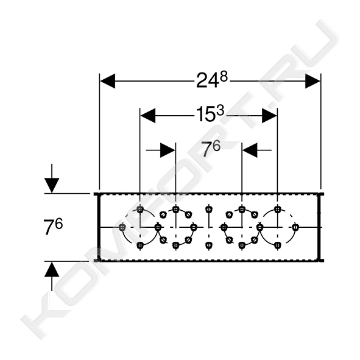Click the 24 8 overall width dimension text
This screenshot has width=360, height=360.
coord(212,80)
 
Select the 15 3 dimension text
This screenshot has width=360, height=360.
coord(210,115)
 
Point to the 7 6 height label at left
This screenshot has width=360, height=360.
coord(53,226)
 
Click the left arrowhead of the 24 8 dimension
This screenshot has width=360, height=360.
coord(108,81)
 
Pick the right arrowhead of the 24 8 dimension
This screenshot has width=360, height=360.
coord(312,81)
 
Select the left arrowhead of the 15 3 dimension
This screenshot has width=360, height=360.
coord(148,116)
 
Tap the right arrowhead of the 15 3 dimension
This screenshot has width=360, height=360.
coord(269,116)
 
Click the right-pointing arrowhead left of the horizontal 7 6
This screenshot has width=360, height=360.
coord(168,150)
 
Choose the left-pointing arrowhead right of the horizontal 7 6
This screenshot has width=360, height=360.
coord(250,150)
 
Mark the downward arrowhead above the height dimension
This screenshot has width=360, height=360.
coord(52,186)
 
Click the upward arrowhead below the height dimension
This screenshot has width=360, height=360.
coord(52,269)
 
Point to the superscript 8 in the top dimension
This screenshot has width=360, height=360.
coord(224,77)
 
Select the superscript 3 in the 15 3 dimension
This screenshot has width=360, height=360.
coord(220,111)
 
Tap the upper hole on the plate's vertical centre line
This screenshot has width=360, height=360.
coord(208,209)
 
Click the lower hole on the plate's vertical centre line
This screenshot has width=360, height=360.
coord(208,245)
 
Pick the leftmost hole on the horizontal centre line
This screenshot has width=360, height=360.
coord(122,227)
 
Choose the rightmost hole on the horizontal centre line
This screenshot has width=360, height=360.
coord(295,227)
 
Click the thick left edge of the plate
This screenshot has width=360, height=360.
coord(98,227)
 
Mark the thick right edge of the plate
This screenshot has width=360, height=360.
coord(319,227)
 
